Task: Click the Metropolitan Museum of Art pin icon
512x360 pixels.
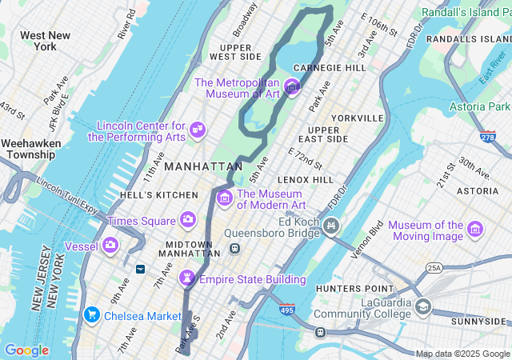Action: click(292, 87)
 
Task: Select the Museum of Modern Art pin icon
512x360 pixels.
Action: click(225, 197)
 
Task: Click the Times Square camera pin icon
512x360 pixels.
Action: click(187, 219)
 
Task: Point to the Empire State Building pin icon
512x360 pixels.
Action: click(188, 278)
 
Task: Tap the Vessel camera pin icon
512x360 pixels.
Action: click(110, 245)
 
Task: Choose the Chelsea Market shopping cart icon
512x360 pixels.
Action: click(92, 315)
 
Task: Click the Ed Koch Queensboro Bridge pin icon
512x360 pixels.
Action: click(330, 227)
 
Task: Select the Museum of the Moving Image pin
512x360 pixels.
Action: click(475, 230)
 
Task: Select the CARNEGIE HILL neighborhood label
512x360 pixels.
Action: click(330, 68)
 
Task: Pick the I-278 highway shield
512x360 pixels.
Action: click(488, 138)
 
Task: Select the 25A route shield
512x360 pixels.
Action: click(434, 268)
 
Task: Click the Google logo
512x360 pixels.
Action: click(26, 350)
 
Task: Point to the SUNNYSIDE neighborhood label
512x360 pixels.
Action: click(478, 321)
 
